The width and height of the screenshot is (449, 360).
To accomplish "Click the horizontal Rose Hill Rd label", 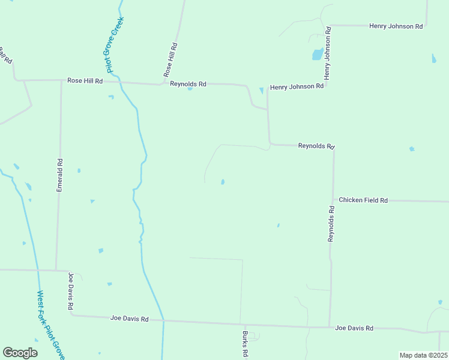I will pyautogui.click(x=85, y=80).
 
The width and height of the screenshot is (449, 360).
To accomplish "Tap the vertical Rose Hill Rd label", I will pyautogui.click(x=170, y=59).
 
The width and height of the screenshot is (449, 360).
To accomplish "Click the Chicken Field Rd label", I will pyautogui.click(x=363, y=200).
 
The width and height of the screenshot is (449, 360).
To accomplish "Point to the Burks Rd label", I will pyautogui.click(x=245, y=344).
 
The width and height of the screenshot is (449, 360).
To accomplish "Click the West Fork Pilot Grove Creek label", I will pyautogui.click(x=50, y=325).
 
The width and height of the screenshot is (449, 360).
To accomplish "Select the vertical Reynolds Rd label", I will pyautogui.click(x=331, y=224).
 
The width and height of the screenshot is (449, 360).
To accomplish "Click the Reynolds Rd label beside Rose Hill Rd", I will pyautogui.click(x=188, y=84).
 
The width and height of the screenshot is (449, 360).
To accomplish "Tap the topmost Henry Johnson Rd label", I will pyautogui.click(x=396, y=26).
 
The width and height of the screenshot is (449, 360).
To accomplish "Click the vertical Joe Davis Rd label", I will pyautogui.click(x=71, y=292).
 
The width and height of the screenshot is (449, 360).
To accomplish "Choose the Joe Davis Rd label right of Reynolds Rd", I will pyautogui.click(x=354, y=328).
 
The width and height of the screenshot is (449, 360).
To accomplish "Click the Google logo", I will pyautogui.click(x=20, y=353).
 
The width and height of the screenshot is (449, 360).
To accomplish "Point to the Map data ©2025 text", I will pyautogui.click(x=423, y=355).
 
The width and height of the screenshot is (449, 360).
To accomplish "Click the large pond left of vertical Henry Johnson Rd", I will pyautogui.click(x=317, y=55).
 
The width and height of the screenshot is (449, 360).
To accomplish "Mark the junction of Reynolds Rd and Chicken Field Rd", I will pyautogui.click(x=333, y=200).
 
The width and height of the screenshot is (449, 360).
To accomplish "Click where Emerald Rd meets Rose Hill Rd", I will pyautogui.click(x=61, y=80).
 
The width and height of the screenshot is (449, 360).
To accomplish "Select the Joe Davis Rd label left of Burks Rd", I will pyautogui.click(x=129, y=319).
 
